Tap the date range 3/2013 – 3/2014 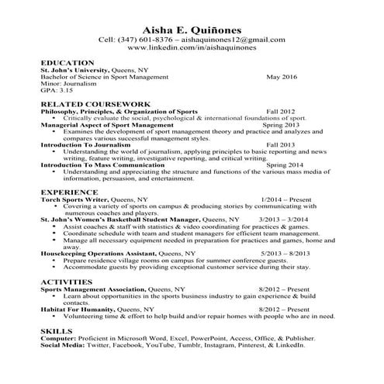tap(285, 220)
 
